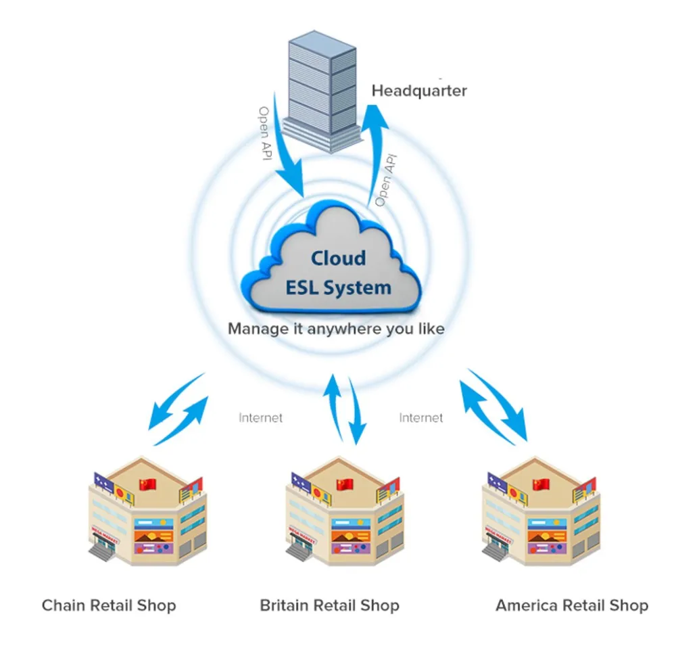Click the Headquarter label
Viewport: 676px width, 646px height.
[419, 91]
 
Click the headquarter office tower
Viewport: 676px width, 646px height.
[322, 91]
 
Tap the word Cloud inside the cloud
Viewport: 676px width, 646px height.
[339, 258]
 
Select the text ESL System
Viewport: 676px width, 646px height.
[339, 287]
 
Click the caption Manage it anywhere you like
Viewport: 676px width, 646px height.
[336, 329]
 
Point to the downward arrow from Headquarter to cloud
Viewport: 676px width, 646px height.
[285, 147]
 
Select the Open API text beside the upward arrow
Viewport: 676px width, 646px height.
[386, 181]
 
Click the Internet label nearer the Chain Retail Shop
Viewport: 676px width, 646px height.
[260, 418]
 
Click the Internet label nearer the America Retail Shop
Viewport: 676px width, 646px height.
[420, 418]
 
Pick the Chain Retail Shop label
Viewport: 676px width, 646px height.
[109, 605]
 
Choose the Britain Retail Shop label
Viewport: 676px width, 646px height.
[329, 605]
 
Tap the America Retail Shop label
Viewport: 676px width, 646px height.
[572, 605]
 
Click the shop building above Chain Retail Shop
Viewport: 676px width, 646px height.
[147, 511]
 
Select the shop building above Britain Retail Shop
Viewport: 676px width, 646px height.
[345, 511]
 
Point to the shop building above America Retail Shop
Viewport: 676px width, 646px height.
[541, 511]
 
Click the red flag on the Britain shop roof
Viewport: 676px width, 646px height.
[345, 484]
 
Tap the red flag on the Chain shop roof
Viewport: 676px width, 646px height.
[147, 484]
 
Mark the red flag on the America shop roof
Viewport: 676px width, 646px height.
[541, 484]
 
